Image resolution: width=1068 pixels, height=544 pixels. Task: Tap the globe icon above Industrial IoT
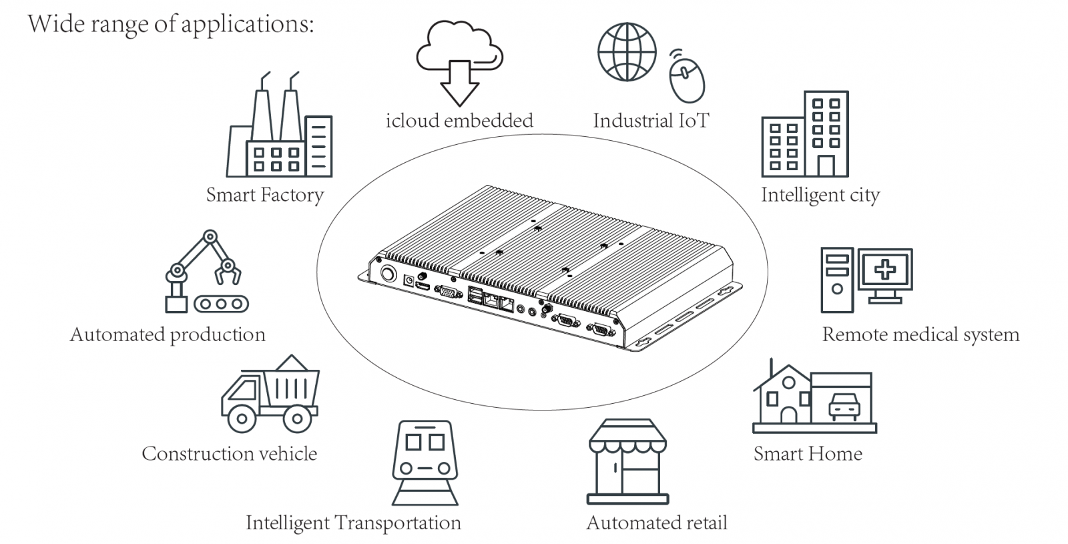click(626, 52)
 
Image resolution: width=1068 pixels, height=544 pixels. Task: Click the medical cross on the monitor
click(886, 270)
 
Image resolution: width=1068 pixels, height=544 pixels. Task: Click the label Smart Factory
click(264, 195)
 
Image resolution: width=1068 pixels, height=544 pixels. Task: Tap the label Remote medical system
click(920, 334)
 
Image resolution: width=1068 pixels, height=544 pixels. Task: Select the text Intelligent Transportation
click(353, 523)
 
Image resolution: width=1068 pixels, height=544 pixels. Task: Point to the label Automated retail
click(657, 523)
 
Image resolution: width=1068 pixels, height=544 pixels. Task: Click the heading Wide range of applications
click(170, 24)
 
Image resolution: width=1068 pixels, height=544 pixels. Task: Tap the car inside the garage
click(844, 406)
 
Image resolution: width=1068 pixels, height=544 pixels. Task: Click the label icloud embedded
click(459, 121)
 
